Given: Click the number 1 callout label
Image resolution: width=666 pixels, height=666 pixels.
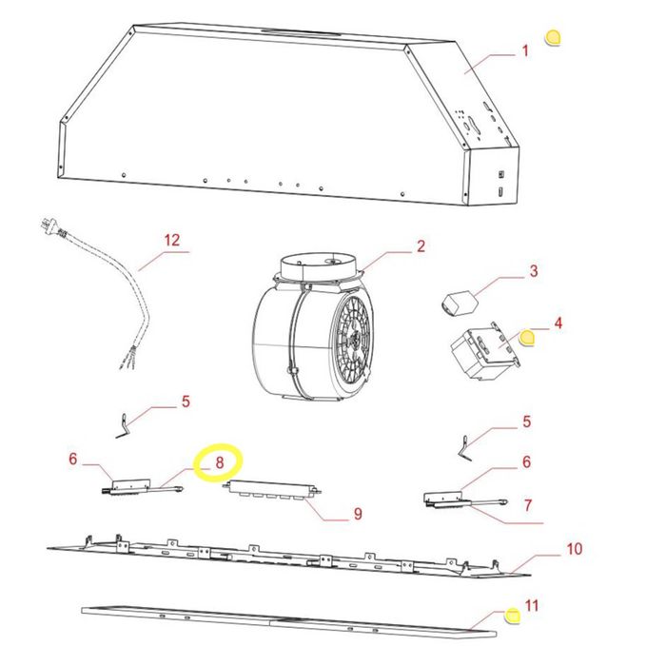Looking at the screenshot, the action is (525, 51).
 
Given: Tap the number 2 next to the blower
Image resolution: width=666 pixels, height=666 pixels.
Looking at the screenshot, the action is (421, 245).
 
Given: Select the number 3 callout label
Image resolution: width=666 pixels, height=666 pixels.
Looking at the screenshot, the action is (534, 271).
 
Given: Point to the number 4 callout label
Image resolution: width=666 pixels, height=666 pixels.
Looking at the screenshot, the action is (558, 323).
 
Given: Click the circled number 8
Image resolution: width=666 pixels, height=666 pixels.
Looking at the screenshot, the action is (219, 462).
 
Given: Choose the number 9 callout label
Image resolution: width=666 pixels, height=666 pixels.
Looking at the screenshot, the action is (358, 514).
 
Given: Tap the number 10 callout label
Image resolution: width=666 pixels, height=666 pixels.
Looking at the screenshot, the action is (575, 549).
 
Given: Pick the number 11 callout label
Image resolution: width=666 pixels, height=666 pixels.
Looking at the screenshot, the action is (532, 605).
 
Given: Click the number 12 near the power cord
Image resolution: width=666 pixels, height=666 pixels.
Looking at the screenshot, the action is (172, 241).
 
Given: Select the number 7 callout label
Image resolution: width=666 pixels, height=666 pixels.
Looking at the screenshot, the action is (527, 505).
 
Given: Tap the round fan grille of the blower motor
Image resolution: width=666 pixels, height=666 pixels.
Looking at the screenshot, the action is (353, 336).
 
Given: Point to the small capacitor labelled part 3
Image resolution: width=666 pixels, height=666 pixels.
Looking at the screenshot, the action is (459, 303).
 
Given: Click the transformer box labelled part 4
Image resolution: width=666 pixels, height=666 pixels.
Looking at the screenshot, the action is (485, 351).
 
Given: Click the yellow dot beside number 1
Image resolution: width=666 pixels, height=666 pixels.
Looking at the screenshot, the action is (553, 38).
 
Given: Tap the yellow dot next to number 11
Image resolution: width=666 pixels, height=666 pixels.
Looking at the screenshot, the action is (512, 616).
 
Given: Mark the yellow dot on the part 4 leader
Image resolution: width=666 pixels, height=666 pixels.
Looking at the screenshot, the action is (527, 338).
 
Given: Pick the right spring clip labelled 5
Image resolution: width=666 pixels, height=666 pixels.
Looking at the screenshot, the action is (465, 449).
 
